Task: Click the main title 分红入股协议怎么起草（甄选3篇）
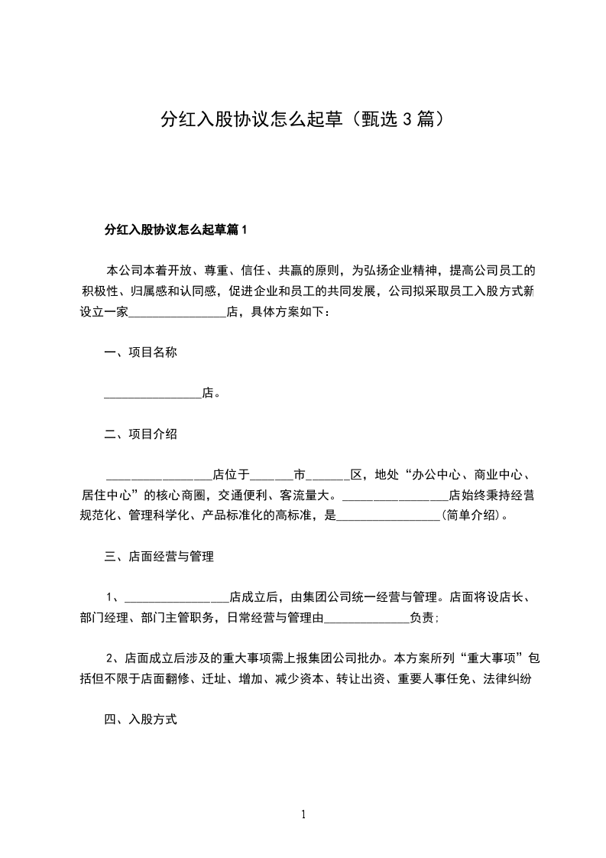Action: pos(303,119)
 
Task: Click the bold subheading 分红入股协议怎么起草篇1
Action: pos(177,229)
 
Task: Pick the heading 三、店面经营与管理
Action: pos(158,557)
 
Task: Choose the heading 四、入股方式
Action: pos(141,720)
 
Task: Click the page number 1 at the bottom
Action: pos(303,814)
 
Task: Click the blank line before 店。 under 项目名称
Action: pos(152,395)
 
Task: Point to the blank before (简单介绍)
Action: pos(388,517)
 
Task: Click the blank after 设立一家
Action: pos(180,313)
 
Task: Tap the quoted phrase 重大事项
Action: pos(491,658)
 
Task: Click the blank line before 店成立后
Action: pos(176,598)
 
